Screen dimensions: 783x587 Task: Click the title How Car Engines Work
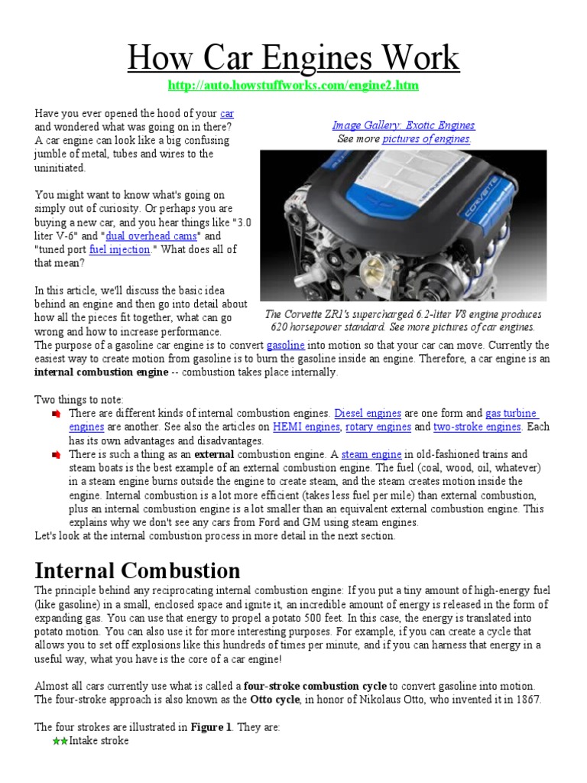tap(293, 58)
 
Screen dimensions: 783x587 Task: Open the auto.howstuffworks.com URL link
tap(293, 86)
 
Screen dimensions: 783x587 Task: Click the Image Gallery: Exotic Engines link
tap(403, 125)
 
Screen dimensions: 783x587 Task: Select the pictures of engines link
tap(426, 139)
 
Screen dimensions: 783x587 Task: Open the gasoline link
tap(285, 346)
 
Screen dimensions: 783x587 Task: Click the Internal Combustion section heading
tap(138, 570)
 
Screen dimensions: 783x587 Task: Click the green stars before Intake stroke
tap(60, 741)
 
